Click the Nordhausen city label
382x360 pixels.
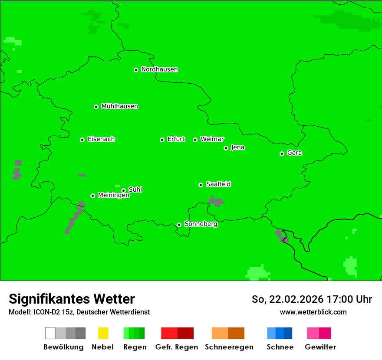(159, 69)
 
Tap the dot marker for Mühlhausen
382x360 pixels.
(96, 107)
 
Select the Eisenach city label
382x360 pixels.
(101, 139)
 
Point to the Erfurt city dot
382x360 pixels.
(162, 140)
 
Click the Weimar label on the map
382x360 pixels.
(212, 139)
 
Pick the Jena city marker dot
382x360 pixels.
(226, 148)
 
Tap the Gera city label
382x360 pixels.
(294, 153)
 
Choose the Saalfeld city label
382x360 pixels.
(218, 184)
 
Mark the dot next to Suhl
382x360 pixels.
(123, 190)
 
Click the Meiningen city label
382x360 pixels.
(114, 196)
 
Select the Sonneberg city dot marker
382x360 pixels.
(179, 225)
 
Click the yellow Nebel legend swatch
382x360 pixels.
(103, 333)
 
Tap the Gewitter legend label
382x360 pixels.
(320, 347)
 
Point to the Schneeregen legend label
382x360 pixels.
(229, 347)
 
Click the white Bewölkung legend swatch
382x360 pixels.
(50, 333)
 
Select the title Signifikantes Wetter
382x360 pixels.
(72, 299)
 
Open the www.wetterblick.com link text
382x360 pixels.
(313, 312)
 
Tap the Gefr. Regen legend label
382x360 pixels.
(177, 347)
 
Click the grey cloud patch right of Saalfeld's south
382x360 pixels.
(216, 201)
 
